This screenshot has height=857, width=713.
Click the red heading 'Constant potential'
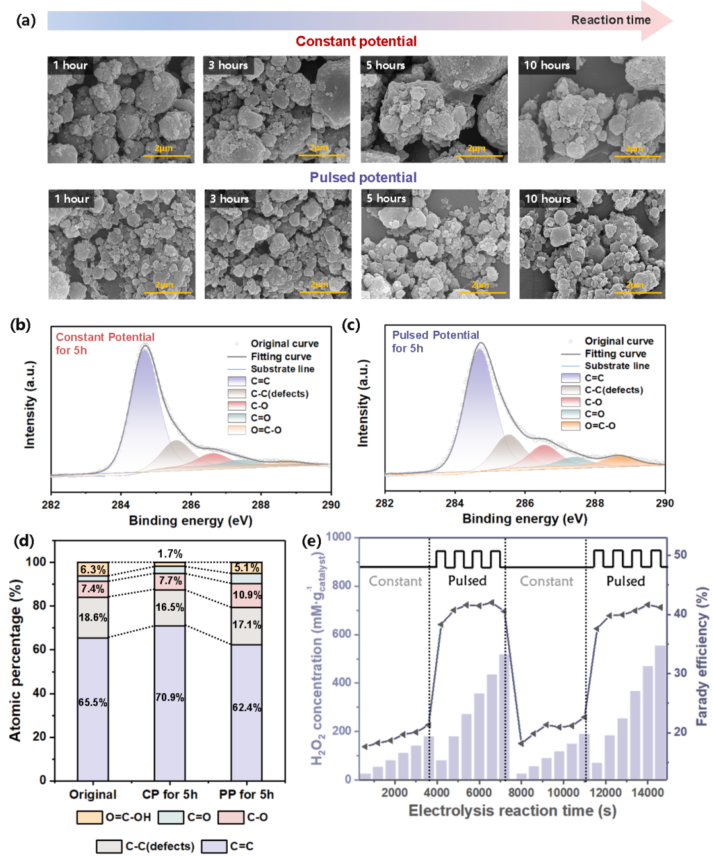click(x=356, y=42)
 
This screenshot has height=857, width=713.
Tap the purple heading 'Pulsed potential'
click(x=363, y=178)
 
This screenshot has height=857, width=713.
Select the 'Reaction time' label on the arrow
click(x=611, y=20)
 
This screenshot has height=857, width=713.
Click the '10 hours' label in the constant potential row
click(x=547, y=65)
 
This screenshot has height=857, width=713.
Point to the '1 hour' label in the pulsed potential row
click(x=71, y=199)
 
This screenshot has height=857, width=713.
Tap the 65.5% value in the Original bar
click(x=92, y=702)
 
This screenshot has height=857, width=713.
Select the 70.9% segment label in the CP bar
click(x=170, y=697)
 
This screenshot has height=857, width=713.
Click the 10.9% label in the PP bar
click(x=247, y=595)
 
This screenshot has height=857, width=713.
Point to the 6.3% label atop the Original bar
click(x=92, y=569)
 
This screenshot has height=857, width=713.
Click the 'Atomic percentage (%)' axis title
click(x=16, y=660)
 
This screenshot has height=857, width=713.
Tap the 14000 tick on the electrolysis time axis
click(x=648, y=792)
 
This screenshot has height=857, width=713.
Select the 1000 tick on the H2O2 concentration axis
click(x=339, y=537)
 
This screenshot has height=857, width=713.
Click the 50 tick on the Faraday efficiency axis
click(x=680, y=554)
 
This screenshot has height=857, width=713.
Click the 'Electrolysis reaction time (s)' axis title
click(x=512, y=811)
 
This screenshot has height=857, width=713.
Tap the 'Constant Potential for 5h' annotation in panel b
click(x=105, y=343)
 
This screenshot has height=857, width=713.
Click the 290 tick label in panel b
click(x=331, y=504)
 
